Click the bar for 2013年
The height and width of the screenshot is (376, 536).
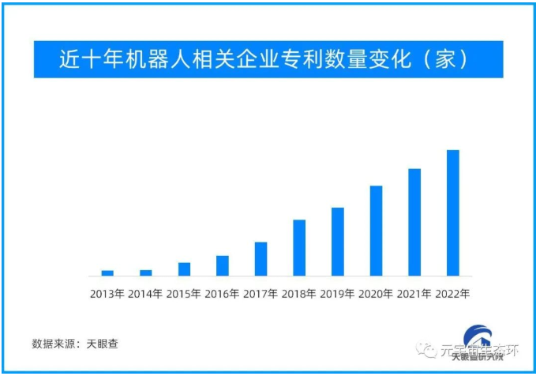pos(107,273)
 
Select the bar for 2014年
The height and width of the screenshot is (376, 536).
pos(146,273)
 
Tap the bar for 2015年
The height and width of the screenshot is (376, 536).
pos(184,269)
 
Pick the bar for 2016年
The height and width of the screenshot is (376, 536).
pos(223,265)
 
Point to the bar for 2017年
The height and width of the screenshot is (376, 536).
pos(261,258)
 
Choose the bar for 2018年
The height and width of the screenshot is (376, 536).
pos(299,247)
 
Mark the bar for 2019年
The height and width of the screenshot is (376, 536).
pos(338,241)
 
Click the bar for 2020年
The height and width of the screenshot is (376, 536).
pos(376,231)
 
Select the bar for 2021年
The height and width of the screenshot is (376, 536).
pos(414,222)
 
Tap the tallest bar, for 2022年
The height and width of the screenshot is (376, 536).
pos(453,212)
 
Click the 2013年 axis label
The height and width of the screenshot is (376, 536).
pos(107,294)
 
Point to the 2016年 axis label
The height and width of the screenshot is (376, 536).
pos(223,294)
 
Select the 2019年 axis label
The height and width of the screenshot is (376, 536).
pos(338,294)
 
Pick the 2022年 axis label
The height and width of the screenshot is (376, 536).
pos(453,294)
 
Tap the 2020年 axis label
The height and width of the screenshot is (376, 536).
pos(376,294)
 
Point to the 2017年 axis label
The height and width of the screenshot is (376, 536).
pos(261,294)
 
